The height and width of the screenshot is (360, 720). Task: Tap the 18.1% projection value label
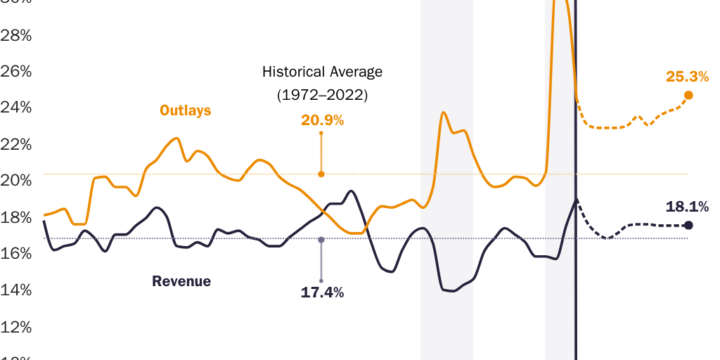coord(687,206)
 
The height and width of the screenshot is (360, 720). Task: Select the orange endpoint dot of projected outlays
coord(688,95)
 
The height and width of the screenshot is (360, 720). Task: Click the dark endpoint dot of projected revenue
coord(688,225)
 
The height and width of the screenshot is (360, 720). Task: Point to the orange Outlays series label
coord(185,110)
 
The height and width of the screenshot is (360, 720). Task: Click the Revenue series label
coord(181,281)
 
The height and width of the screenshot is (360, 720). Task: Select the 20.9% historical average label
coord(322,120)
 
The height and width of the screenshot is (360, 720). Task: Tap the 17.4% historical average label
coord(322,292)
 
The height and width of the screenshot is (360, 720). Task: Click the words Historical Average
coord(322,72)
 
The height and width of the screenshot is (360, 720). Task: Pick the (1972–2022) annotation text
coord(322,94)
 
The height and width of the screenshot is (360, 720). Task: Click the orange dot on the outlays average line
coord(321,174)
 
